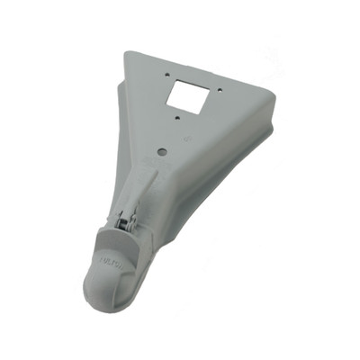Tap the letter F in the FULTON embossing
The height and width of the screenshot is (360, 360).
click(105, 256)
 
